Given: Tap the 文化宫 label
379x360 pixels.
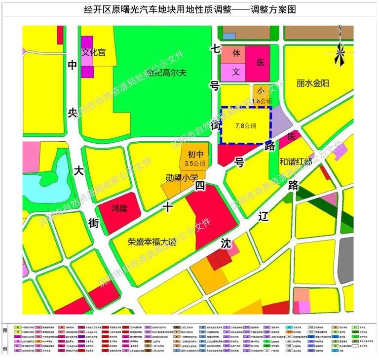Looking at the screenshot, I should (93, 52).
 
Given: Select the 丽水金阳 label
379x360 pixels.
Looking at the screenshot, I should (313, 83).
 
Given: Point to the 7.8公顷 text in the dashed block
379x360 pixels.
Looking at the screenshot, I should (246, 125).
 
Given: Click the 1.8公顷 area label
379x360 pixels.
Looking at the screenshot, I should (262, 101).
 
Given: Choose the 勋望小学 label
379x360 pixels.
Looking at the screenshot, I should (182, 177).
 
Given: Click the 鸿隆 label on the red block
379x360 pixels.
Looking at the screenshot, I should (119, 209).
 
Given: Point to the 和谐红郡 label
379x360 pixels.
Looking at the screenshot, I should (297, 161).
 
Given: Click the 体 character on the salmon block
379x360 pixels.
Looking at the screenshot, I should (236, 52).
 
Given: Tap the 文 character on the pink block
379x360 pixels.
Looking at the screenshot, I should (236, 72).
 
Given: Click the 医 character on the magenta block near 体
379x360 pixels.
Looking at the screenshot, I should (261, 63).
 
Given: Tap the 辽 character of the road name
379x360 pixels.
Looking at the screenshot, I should (263, 216).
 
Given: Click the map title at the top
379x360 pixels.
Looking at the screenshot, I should (189, 9).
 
